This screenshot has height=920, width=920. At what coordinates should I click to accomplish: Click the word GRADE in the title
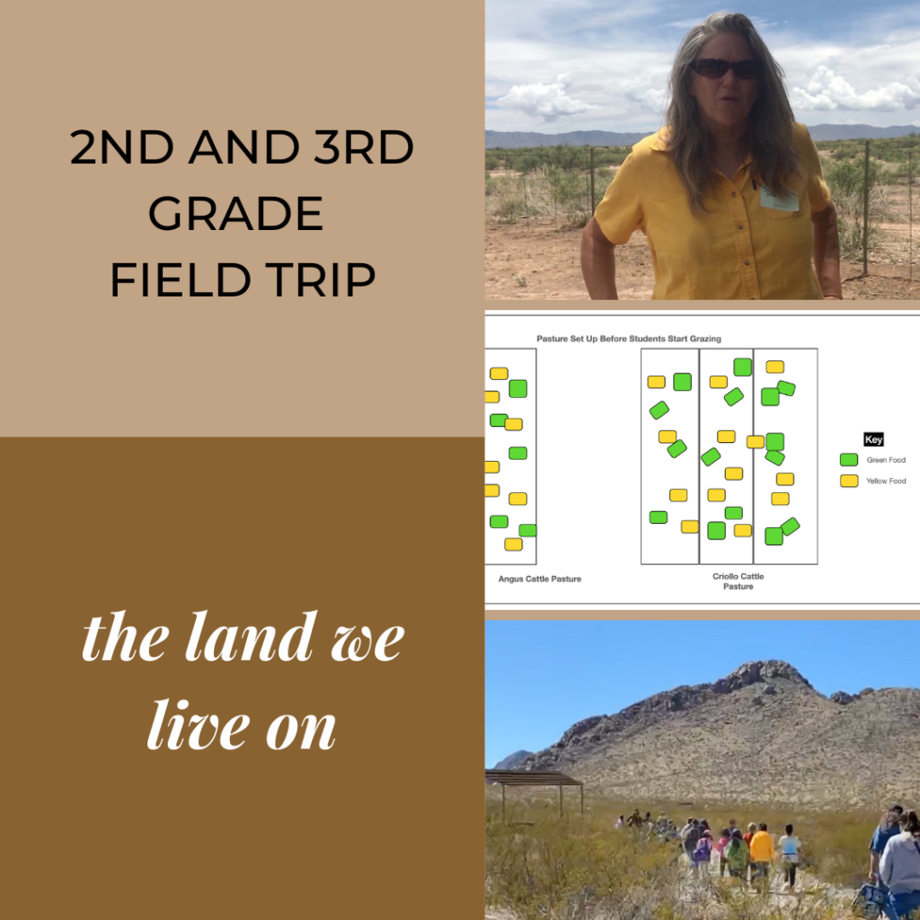(x=236, y=213)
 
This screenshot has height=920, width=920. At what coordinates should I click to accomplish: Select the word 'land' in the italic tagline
(x=250, y=637)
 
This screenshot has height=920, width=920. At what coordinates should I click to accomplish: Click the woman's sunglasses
(x=725, y=68)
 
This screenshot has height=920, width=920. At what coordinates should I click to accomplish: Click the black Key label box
(x=873, y=439)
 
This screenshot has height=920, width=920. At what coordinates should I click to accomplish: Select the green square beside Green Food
(x=849, y=459)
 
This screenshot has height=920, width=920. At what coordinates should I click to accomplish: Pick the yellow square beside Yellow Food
(x=849, y=482)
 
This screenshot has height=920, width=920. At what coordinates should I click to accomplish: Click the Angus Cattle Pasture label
(x=540, y=579)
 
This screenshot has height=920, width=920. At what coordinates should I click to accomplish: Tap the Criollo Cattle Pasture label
(x=739, y=581)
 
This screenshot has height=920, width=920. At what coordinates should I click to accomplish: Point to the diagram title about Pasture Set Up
(x=629, y=339)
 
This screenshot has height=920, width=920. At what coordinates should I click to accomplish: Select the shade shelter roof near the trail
(x=533, y=779)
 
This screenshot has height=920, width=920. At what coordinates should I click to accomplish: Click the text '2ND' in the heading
(x=122, y=147)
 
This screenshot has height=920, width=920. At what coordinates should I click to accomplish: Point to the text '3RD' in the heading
(x=364, y=147)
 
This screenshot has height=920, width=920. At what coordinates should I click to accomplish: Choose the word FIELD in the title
(x=181, y=279)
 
